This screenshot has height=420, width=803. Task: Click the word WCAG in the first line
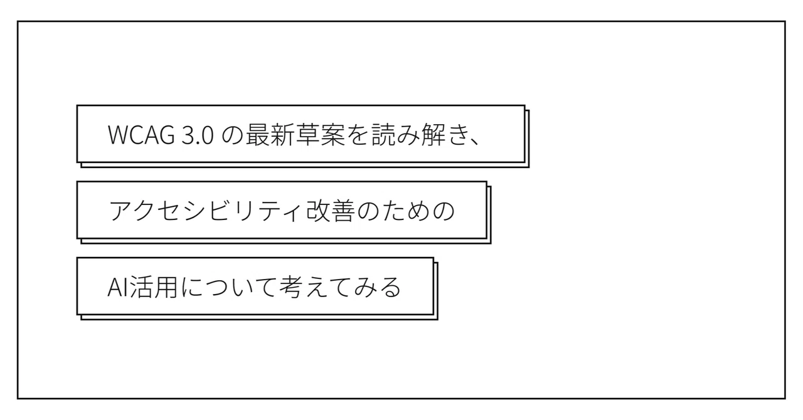[142, 135]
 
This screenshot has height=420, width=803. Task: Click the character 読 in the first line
[383, 135]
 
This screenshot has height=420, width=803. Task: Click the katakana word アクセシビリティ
[205, 211]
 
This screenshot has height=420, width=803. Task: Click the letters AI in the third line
[117, 287]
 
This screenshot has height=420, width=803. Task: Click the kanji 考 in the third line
[290, 287]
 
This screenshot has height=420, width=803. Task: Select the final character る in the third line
[390, 287]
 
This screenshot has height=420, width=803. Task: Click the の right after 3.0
[232, 135]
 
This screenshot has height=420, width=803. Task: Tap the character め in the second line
[419, 211]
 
